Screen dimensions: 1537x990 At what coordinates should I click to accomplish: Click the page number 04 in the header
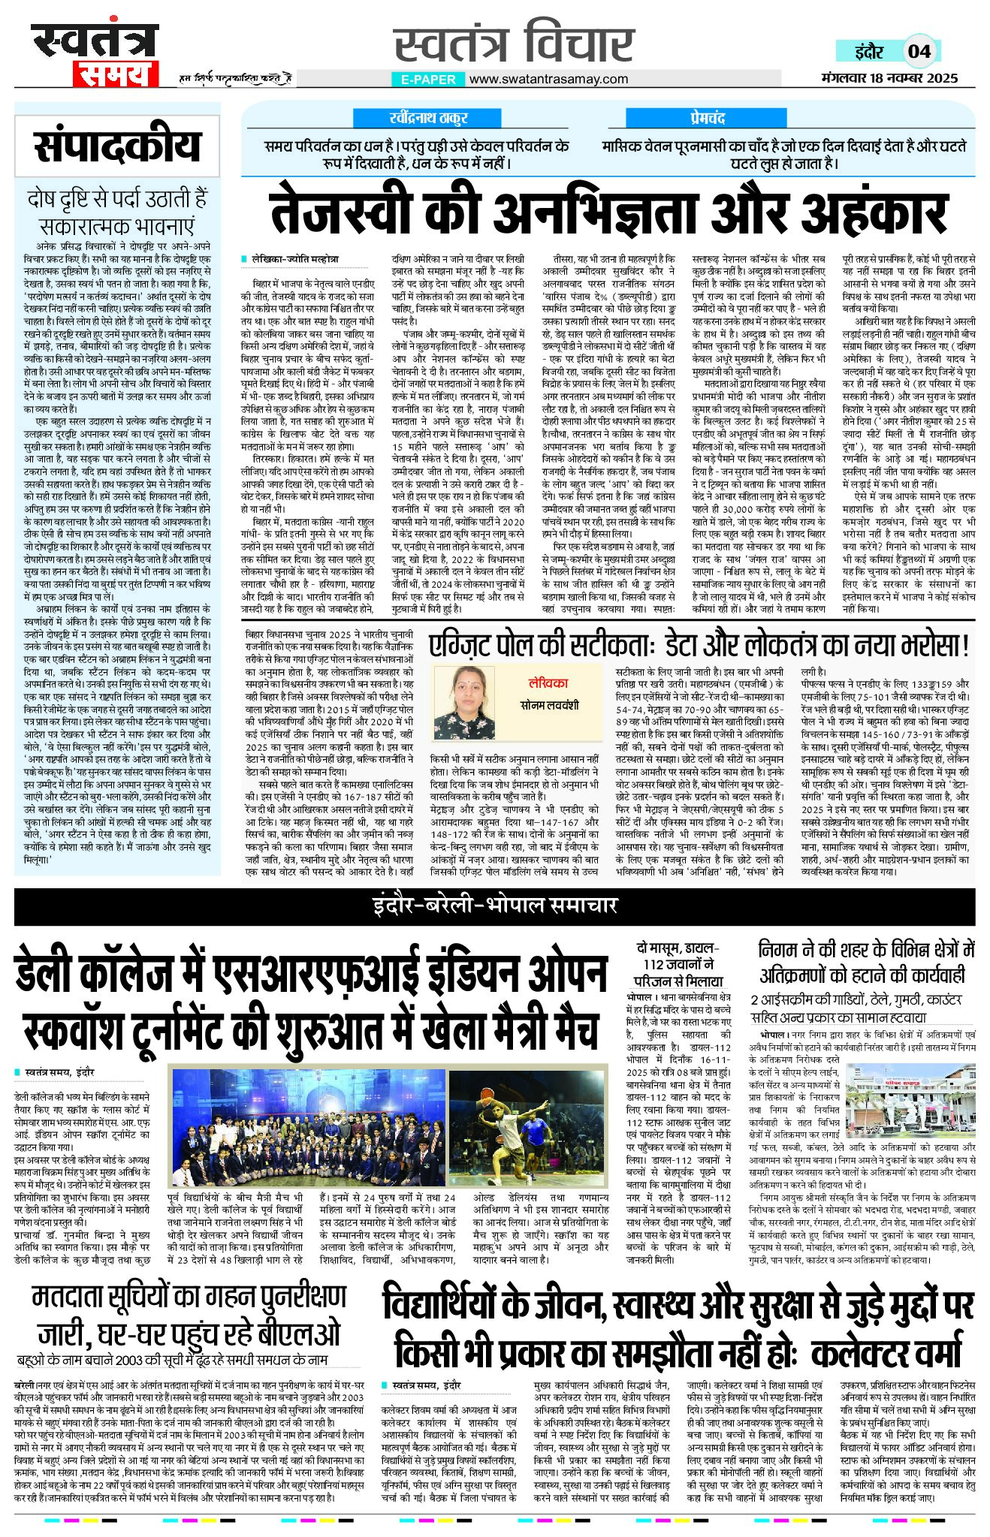pos(919,51)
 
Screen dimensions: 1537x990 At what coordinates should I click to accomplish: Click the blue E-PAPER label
pos(428,79)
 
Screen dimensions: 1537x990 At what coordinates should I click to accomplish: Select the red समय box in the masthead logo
pos(116,74)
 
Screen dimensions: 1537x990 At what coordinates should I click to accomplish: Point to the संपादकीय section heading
pos(117,146)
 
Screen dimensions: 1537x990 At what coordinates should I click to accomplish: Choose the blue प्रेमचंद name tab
pos(707,118)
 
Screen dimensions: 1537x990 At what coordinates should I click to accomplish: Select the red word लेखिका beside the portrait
pos(548,683)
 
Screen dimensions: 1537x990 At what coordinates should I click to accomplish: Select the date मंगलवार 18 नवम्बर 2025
pos(889,78)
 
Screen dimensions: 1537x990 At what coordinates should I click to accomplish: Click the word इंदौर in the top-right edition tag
pos(868,51)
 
